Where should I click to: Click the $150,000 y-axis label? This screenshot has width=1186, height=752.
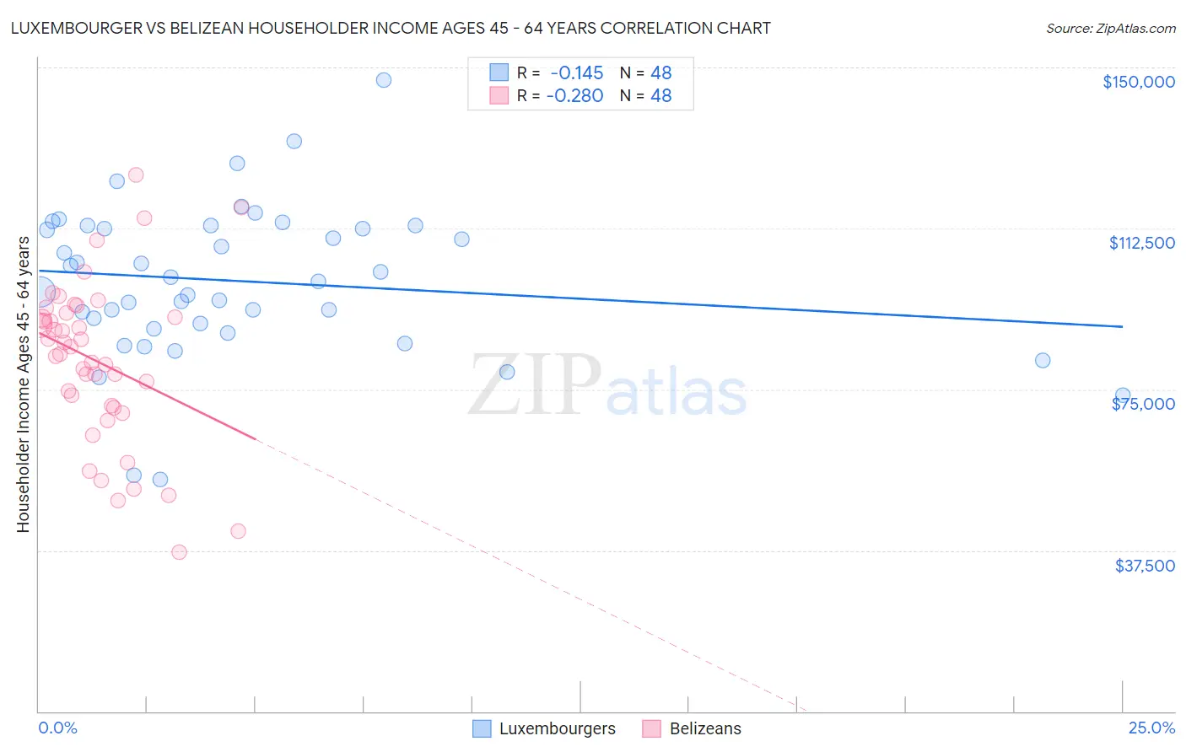(x=1138, y=82)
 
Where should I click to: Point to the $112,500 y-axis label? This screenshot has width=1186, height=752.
(x=1141, y=243)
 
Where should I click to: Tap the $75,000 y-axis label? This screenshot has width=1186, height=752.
(x=1143, y=404)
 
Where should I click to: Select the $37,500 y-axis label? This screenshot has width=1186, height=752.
(x=1145, y=566)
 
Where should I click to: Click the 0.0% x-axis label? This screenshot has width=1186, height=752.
(x=57, y=728)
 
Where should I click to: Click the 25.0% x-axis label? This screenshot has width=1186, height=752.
(x=1151, y=728)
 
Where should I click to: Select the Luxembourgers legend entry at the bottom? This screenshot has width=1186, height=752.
(x=544, y=728)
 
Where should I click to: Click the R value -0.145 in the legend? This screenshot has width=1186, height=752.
(x=576, y=73)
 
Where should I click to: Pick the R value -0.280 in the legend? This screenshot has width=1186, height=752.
(x=574, y=95)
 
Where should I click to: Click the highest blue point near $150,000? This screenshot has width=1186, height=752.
(x=384, y=80)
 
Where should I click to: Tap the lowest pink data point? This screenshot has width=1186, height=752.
(x=179, y=552)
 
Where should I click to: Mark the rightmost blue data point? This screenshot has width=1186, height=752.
(x=1123, y=395)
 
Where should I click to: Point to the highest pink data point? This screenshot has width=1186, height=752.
(x=136, y=175)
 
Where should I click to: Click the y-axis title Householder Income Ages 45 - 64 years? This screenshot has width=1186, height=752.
(x=24, y=384)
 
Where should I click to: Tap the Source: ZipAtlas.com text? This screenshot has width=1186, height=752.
(x=1110, y=29)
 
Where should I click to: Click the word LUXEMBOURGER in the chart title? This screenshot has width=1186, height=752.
(x=68, y=28)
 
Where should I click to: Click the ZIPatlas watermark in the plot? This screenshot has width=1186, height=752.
(x=607, y=385)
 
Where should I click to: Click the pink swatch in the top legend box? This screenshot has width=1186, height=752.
(x=499, y=95)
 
